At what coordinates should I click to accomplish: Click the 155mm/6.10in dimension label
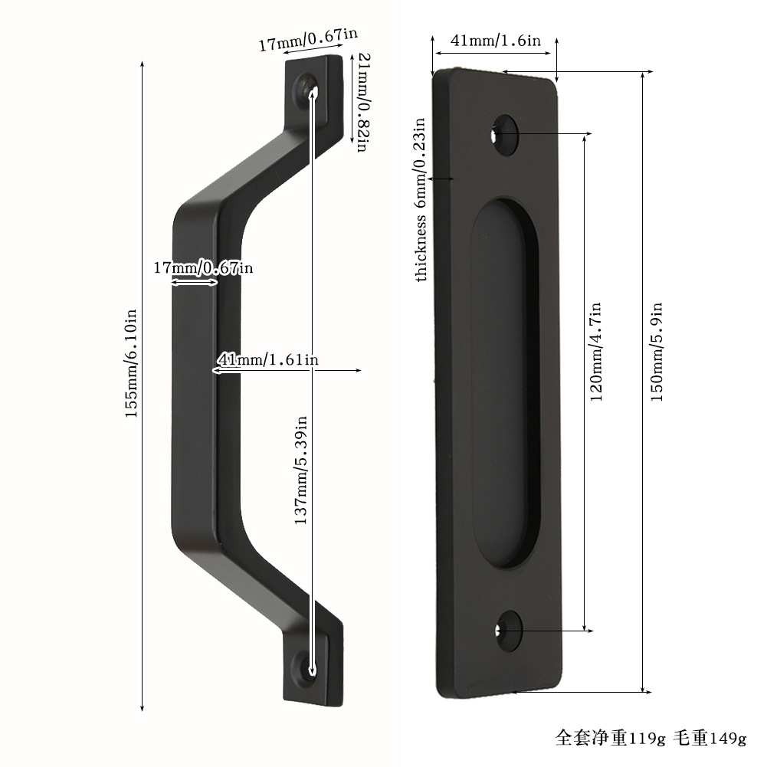(x=130, y=363)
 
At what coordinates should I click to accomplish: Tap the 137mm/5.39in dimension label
(x=301, y=470)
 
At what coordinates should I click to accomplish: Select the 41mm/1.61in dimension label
(x=268, y=359)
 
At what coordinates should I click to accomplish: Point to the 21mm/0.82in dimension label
(x=363, y=102)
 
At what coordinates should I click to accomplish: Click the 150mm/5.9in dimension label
(x=657, y=352)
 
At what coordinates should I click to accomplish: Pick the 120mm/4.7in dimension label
(x=595, y=352)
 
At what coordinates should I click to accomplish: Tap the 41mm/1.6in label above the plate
(x=496, y=40)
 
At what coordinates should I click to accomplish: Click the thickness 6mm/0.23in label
(x=420, y=199)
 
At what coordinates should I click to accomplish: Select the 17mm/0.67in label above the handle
(x=308, y=39)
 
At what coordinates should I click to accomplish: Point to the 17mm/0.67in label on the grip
(x=204, y=267)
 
